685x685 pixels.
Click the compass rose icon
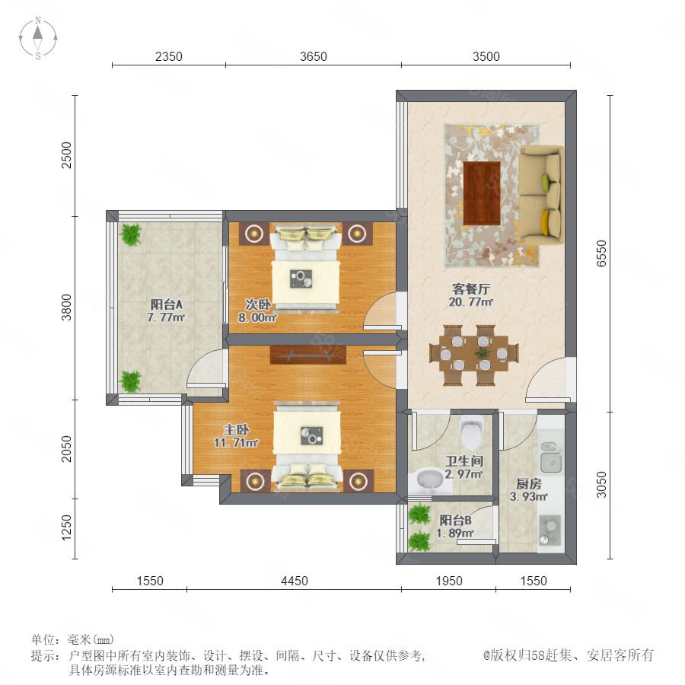(x=38, y=37)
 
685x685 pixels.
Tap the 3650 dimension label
(x=314, y=56)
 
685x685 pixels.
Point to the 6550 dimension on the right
(x=601, y=253)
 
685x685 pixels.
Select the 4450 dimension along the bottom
(x=295, y=581)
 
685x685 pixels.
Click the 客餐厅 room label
(x=471, y=288)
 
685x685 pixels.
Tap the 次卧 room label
(x=258, y=304)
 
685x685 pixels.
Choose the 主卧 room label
(x=237, y=429)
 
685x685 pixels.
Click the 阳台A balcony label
(x=166, y=304)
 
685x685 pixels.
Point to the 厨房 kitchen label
(x=529, y=483)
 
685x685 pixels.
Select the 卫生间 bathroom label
(x=464, y=461)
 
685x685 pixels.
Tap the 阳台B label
(x=455, y=520)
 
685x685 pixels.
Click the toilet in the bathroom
(x=471, y=432)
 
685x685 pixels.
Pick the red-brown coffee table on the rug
(x=482, y=193)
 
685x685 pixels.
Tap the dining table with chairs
(x=474, y=354)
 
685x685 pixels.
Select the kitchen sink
(x=551, y=457)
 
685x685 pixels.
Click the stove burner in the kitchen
(x=550, y=530)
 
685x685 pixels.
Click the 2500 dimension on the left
(x=66, y=155)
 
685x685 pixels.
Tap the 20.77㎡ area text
(x=471, y=302)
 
